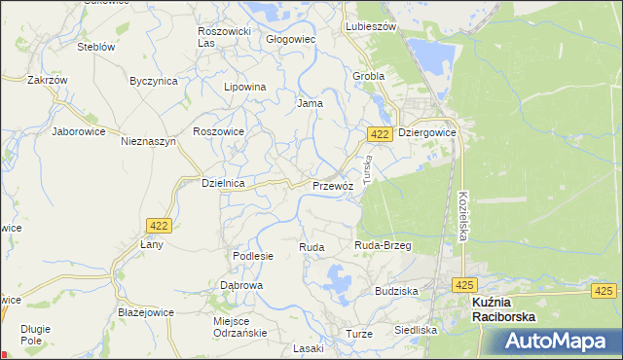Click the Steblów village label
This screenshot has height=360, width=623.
[96, 47]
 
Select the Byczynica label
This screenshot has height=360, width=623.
[154, 82]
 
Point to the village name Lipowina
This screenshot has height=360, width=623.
[245, 87]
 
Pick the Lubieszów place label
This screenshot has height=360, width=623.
[371, 27]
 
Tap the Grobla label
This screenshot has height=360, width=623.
[369, 75]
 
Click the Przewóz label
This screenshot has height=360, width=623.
[332, 185]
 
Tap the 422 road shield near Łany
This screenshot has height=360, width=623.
[161, 226]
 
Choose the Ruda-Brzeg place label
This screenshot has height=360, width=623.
[383, 246]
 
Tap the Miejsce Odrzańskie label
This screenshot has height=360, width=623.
[238, 327]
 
